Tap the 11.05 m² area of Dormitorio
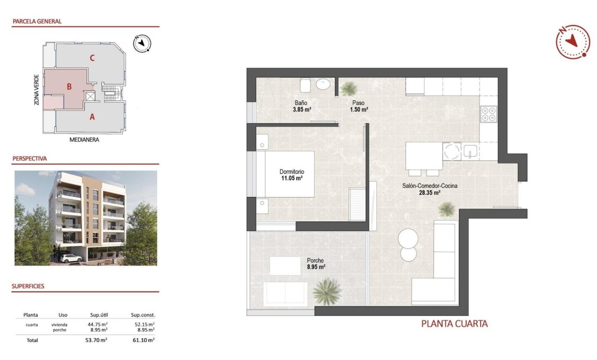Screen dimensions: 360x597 pyautogui.click(x=291, y=179)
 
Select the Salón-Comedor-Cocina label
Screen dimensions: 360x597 pyautogui.click(x=429, y=186)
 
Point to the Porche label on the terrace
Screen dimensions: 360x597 pyautogui.click(x=315, y=260)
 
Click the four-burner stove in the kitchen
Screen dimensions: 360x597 pyautogui.click(x=488, y=114)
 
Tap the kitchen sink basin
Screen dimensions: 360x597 pyautogui.click(x=471, y=151)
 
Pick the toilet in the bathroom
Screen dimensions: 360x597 pyautogui.click(x=305, y=85)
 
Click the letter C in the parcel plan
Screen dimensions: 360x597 pyautogui.click(x=92, y=58)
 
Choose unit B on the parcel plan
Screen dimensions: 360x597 pyautogui.click(x=69, y=86)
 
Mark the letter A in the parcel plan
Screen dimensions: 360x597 pyautogui.click(x=92, y=117)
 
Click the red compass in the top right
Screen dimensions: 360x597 pyautogui.click(x=573, y=41)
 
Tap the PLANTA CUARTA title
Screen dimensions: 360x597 pyautogui.click(x=454, y=323)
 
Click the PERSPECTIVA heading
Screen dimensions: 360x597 pyautogui.click(x=29, y=158)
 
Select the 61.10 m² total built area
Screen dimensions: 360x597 pyautogui.click(x=143, y=340)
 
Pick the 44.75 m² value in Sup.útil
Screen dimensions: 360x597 pyautogui.click(x=97, y=324)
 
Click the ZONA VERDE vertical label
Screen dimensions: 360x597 pyautogui.click(x=37, y=89)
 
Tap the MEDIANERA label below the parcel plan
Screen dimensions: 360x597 pyautogui.click(x=85, y=140)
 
